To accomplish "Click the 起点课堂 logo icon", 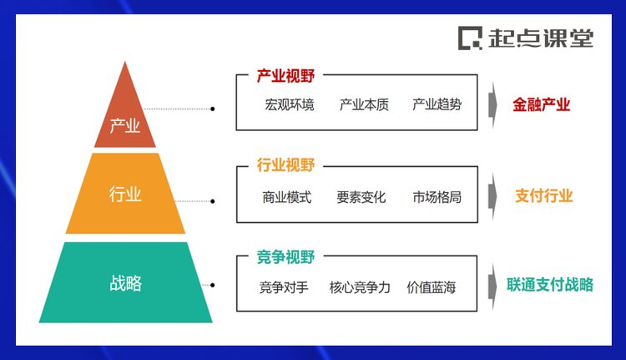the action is pos(470,38).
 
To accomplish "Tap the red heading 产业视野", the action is pos(285,75).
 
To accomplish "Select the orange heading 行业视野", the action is pos(285,165).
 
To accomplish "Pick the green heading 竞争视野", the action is pos(285,257).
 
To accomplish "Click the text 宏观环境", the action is pos(290,104).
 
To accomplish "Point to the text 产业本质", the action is pos(364,104).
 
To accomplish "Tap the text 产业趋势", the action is pos(437,104).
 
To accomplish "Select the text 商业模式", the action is pos(286,197).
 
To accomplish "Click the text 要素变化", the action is pos(361,197).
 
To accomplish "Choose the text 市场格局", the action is pos(437,197).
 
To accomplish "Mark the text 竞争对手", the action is pos(284,287).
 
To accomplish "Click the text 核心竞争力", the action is pos(360,287).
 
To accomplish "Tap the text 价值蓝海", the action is pos(432,287).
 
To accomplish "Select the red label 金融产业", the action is pos(542,104).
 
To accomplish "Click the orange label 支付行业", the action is pos(543,195).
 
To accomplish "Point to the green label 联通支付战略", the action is pos(550,285).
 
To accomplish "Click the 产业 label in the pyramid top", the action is pos(125,126).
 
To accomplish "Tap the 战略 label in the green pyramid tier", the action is pos(125,283).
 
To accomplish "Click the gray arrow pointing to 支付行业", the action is pos(492,195).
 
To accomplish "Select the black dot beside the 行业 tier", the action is pos(212,201).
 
